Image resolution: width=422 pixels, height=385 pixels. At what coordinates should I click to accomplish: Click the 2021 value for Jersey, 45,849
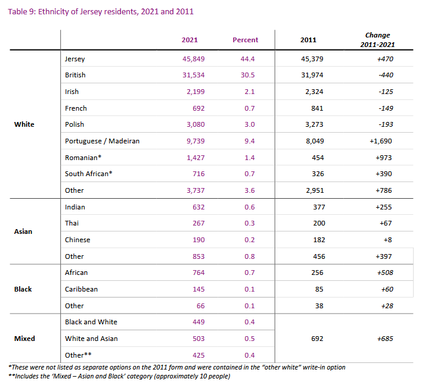pyautogui.click(x=194, y=59)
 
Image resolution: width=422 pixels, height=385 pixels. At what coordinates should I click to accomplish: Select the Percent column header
pyautogui.click(x=245, y=40)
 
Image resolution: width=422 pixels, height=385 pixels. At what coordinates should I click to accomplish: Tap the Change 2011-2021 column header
pyautogui.click(x=377, y=40)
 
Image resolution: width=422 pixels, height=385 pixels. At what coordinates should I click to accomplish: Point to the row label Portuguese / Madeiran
pyautogui.click(x=103, y=141)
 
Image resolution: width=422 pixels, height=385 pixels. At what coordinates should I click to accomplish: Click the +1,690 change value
pyautogui.click(x=380, y=141)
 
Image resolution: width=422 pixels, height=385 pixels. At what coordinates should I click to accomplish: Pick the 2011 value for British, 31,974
pyautogui.click(x=312, y=75)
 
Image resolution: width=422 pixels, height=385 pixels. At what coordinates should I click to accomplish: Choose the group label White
pyautogui.click(x=24, y=124)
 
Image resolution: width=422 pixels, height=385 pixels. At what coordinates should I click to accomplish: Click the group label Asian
pyautogui.click(x=23, y=231)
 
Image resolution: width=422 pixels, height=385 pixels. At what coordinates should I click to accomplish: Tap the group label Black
pyautogui.click(x=23, y=289)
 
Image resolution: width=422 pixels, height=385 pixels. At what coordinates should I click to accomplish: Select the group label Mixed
pyautogui.click(x=24, y=339)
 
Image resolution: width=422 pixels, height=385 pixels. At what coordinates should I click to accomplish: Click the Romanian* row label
pyautogui.click(x=83, y=158)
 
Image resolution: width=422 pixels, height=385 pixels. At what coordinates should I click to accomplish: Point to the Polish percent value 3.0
pyautogui.click(x=250, y=124)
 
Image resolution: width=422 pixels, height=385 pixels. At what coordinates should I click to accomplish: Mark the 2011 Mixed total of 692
pyautogui.click(x=317, y=339)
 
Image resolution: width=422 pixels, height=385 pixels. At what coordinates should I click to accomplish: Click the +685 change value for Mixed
pyautogui.click(x=385, y=339)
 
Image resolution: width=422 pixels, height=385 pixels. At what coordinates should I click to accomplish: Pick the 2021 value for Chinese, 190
pyautogui.click(x=198, y=240)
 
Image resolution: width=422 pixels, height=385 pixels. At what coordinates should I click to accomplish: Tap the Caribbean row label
pyautogui.click(x=81, y=289)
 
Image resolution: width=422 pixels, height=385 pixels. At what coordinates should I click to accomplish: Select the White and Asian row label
pyautogui.click(x=91, y=339)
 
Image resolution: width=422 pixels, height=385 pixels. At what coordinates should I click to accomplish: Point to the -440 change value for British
pyautogui.click(x=386, y=75)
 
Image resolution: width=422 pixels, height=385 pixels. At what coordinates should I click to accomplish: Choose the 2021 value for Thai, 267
pyautogui.click(x=198, y=223)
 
